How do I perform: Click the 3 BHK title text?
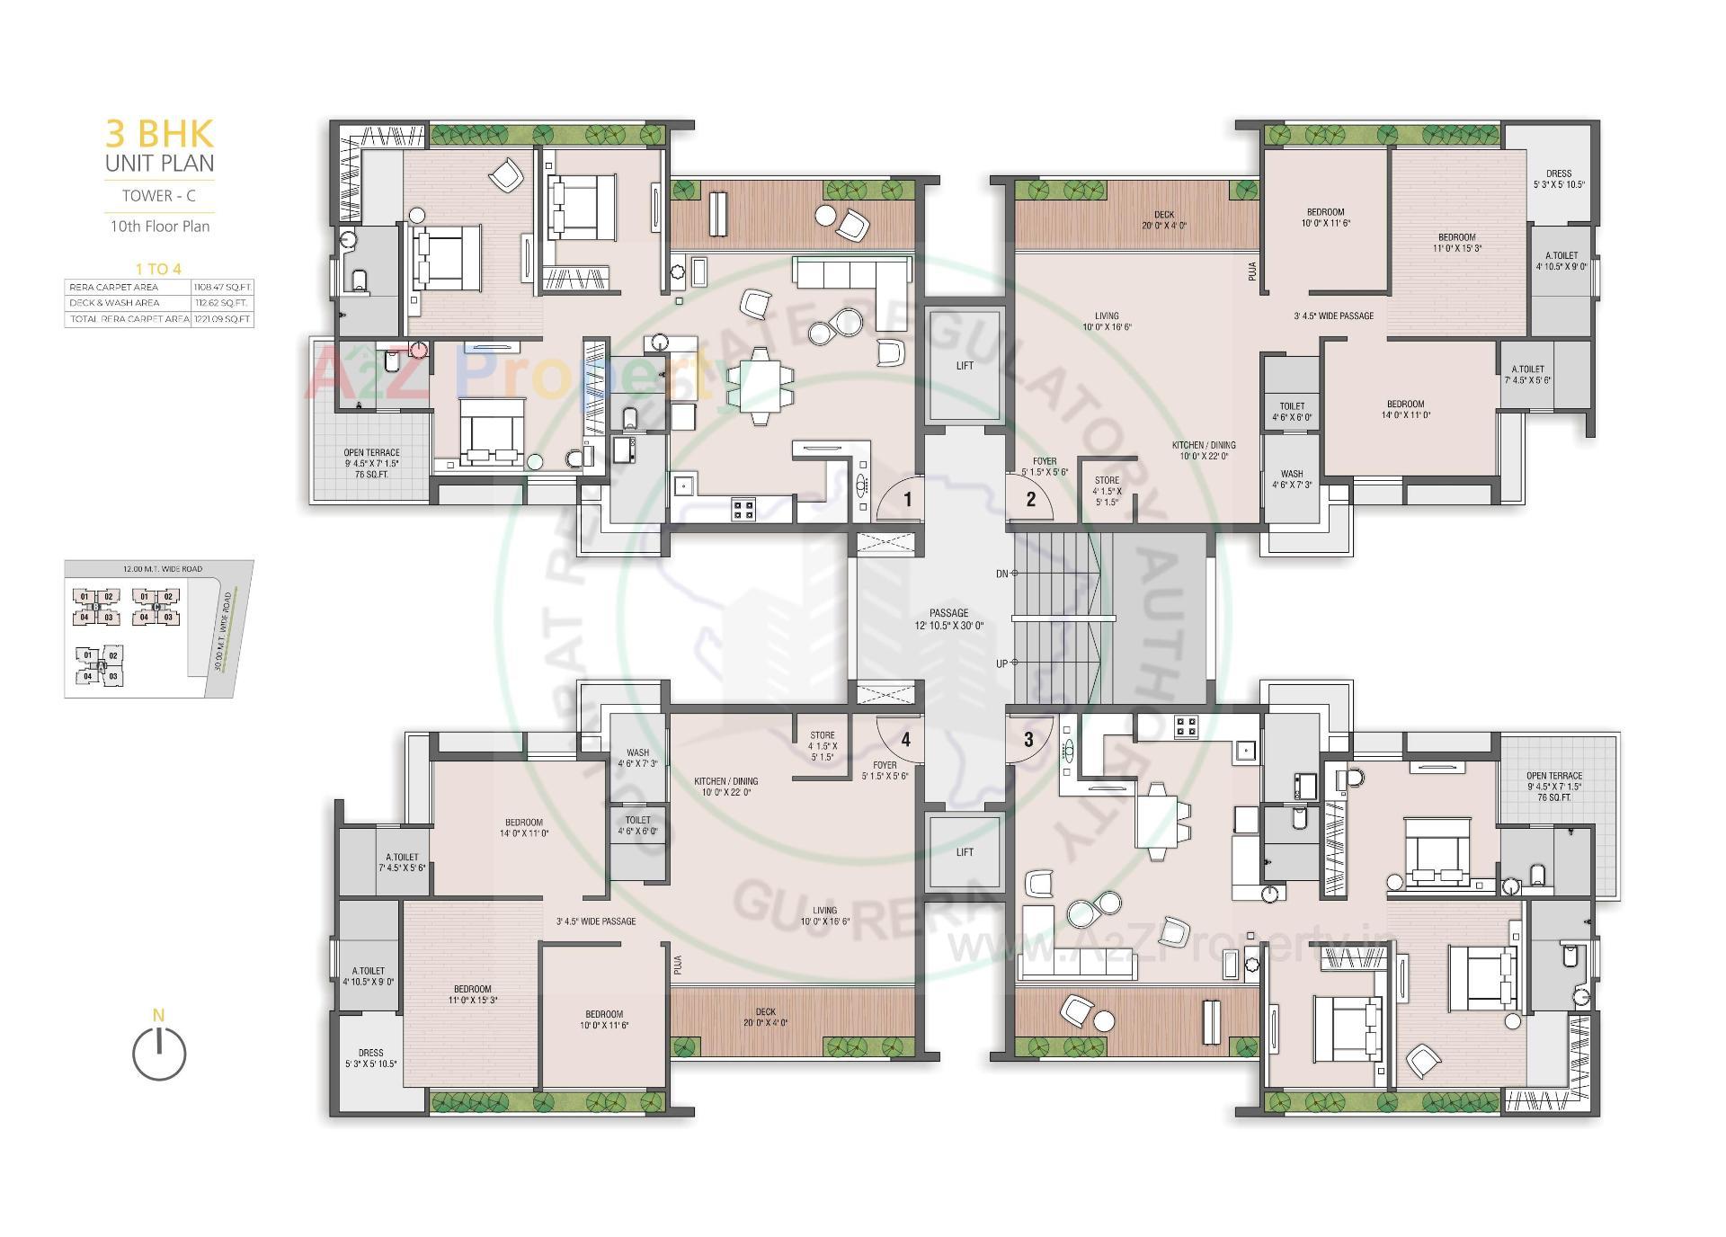(x=160, y=134)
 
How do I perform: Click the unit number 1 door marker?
(x=908, y=499)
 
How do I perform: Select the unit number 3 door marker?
(x=1028, y=740)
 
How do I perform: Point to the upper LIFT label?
(x=965, y=366)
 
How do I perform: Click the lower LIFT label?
(x=965, y=852)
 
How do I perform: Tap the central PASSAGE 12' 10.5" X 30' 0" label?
(x=948, y=618)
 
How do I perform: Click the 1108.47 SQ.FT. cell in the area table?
(x=222, y=287)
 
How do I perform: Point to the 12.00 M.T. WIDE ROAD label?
(x=163, y=569)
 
